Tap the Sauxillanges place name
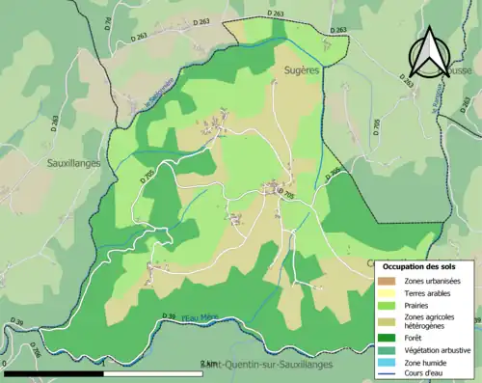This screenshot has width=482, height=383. point(74,164)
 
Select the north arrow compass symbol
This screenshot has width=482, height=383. point(431,52)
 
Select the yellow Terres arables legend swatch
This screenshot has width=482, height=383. point(386,293)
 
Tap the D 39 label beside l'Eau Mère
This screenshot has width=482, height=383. point(167,316)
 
